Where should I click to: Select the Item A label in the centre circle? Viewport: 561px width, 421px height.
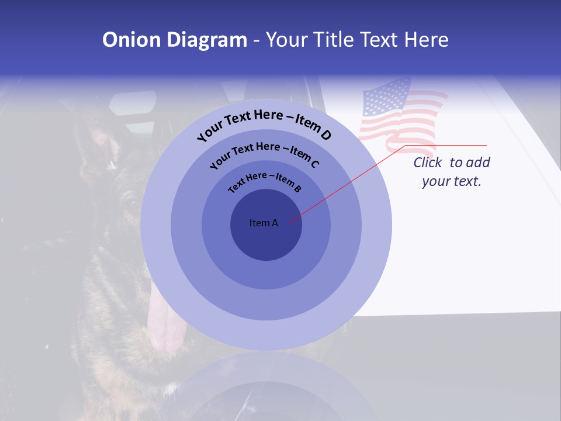[264, 223]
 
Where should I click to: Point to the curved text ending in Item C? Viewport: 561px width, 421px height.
[264, 153]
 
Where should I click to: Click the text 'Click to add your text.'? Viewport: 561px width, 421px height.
[452, 172]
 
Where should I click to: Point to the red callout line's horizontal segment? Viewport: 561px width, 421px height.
[446, 145]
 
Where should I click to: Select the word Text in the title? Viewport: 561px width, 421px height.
[379, 40]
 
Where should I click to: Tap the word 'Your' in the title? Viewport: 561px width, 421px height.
[290, 40]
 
